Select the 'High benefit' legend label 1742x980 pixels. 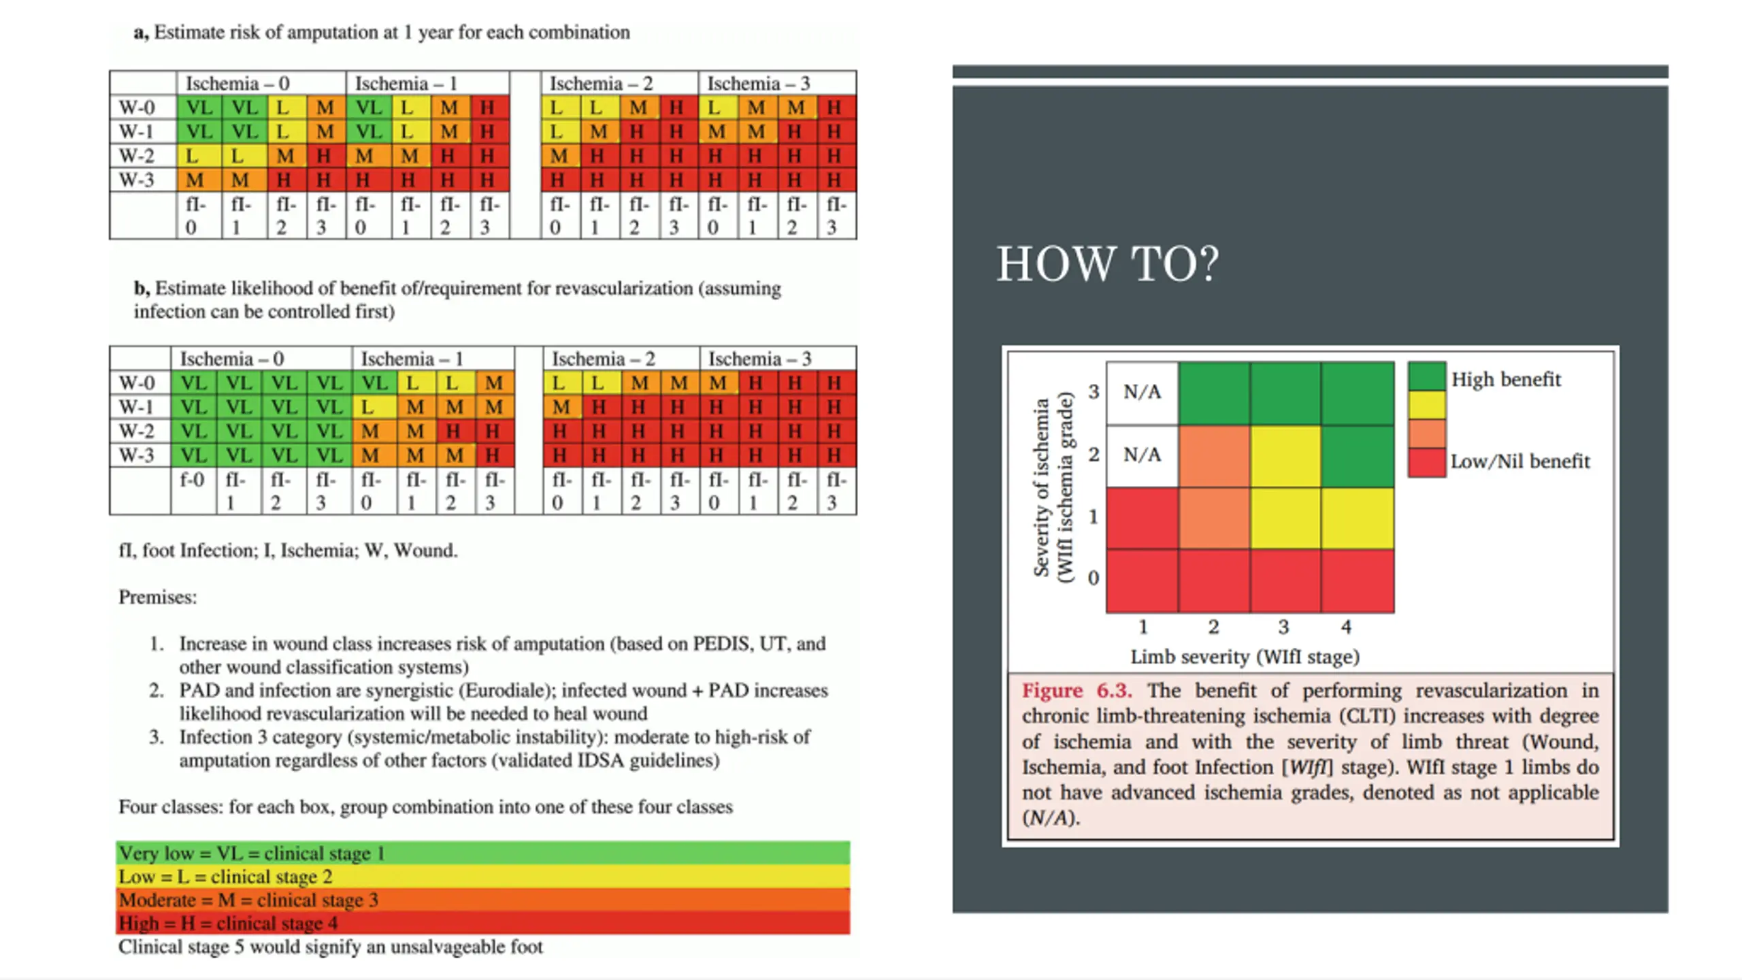[1506, 379]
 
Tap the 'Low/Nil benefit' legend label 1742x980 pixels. [1520, 461]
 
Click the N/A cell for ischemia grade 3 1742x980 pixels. [1143, 393]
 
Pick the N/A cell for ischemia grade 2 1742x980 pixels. [1143, 455]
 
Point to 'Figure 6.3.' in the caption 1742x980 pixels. [1077, 690]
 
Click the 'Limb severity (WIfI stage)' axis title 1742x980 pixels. [1245, 657]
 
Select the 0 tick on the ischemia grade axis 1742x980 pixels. [1093, 578]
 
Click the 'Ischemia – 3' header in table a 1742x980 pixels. [759, 84]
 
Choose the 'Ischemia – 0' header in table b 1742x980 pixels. [231, 359]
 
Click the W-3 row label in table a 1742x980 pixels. [137, 180]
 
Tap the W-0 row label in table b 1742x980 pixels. [137, 383]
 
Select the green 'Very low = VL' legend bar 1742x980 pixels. [483, 853]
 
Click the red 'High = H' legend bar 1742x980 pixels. [483, 923]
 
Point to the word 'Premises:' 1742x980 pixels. [157, 597]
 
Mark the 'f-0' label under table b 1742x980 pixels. [192, 480]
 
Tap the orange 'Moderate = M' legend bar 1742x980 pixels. [483, 900]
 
